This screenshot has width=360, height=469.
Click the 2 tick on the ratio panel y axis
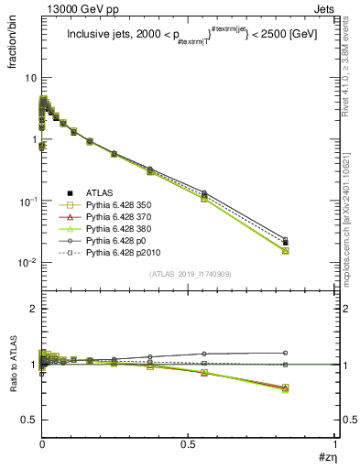34,310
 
